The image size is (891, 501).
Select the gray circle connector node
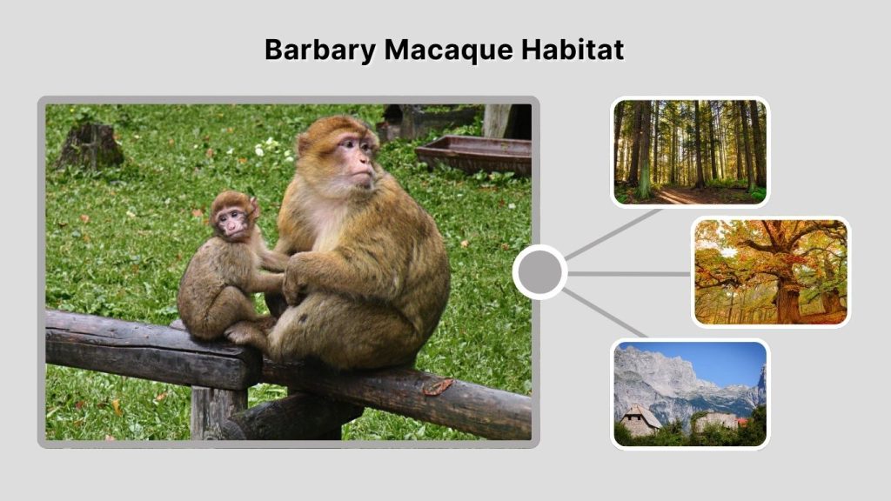pyautogui.click(x=539, y=272)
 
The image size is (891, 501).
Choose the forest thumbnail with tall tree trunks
pyautogui.click(x=690, y=151)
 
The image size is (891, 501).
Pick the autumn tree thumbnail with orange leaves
pyautogui.click(x=771, y=271)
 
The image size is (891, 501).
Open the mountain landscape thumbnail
pyautogui.click(x=690, y=393)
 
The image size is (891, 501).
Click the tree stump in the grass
pyautogui.click(x=90, y=146)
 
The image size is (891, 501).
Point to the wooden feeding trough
pyautogui.click(x=474, y=154)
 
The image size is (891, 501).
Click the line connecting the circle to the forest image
pyautogui.click(x=613, y=234)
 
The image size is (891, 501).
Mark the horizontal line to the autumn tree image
pyautogui.click(x=629, y=273)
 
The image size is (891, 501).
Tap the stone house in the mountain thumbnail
pyautogui.click(x=640, y=421)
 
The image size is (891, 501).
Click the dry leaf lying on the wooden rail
pyautogui.click(x=438, y=385)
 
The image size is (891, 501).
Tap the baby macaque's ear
pyautogui.click(x=253, y=207)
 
